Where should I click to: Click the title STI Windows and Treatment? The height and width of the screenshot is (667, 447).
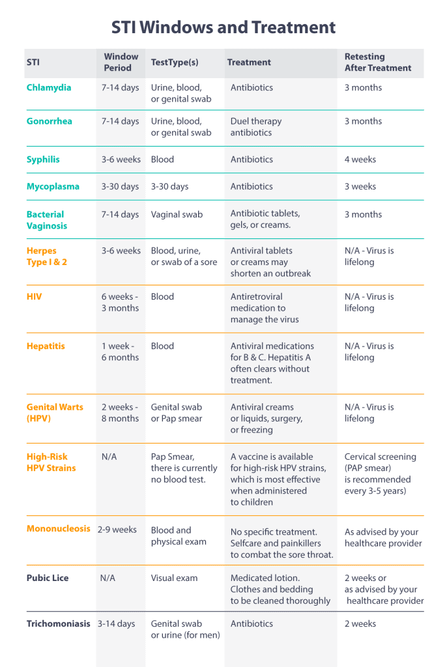coord(223,27)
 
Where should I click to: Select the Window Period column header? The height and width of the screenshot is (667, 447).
coord(121,63)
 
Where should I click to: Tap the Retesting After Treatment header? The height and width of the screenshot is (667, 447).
coord(378,63)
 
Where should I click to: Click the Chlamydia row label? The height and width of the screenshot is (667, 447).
coord(49,88)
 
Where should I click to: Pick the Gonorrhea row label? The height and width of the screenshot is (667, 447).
coord(50,121)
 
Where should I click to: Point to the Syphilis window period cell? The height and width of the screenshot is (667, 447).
coord(121,160)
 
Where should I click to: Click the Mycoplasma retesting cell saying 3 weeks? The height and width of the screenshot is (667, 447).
coord(360,186)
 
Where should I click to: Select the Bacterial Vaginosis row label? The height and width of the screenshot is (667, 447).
coord(47,220)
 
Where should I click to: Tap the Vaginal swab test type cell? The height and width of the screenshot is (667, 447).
coord(177,214)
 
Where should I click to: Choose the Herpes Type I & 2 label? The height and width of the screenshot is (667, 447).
coord(47,257)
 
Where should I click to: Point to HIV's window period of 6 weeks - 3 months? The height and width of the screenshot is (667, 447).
coord(121,302)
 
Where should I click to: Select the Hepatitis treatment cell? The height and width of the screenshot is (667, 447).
coord(272,363)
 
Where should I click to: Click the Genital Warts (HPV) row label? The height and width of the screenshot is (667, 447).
coord(55,413)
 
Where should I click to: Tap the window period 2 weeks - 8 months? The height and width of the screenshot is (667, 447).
coord(121,413)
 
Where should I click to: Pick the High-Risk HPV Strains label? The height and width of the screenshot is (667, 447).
coord(51,462)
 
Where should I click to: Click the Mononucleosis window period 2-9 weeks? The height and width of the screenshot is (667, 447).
coord(117,530)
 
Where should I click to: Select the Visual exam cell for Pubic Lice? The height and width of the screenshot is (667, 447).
coord(175,578)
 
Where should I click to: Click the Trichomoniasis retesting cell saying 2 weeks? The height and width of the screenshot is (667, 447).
coord(360,624)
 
